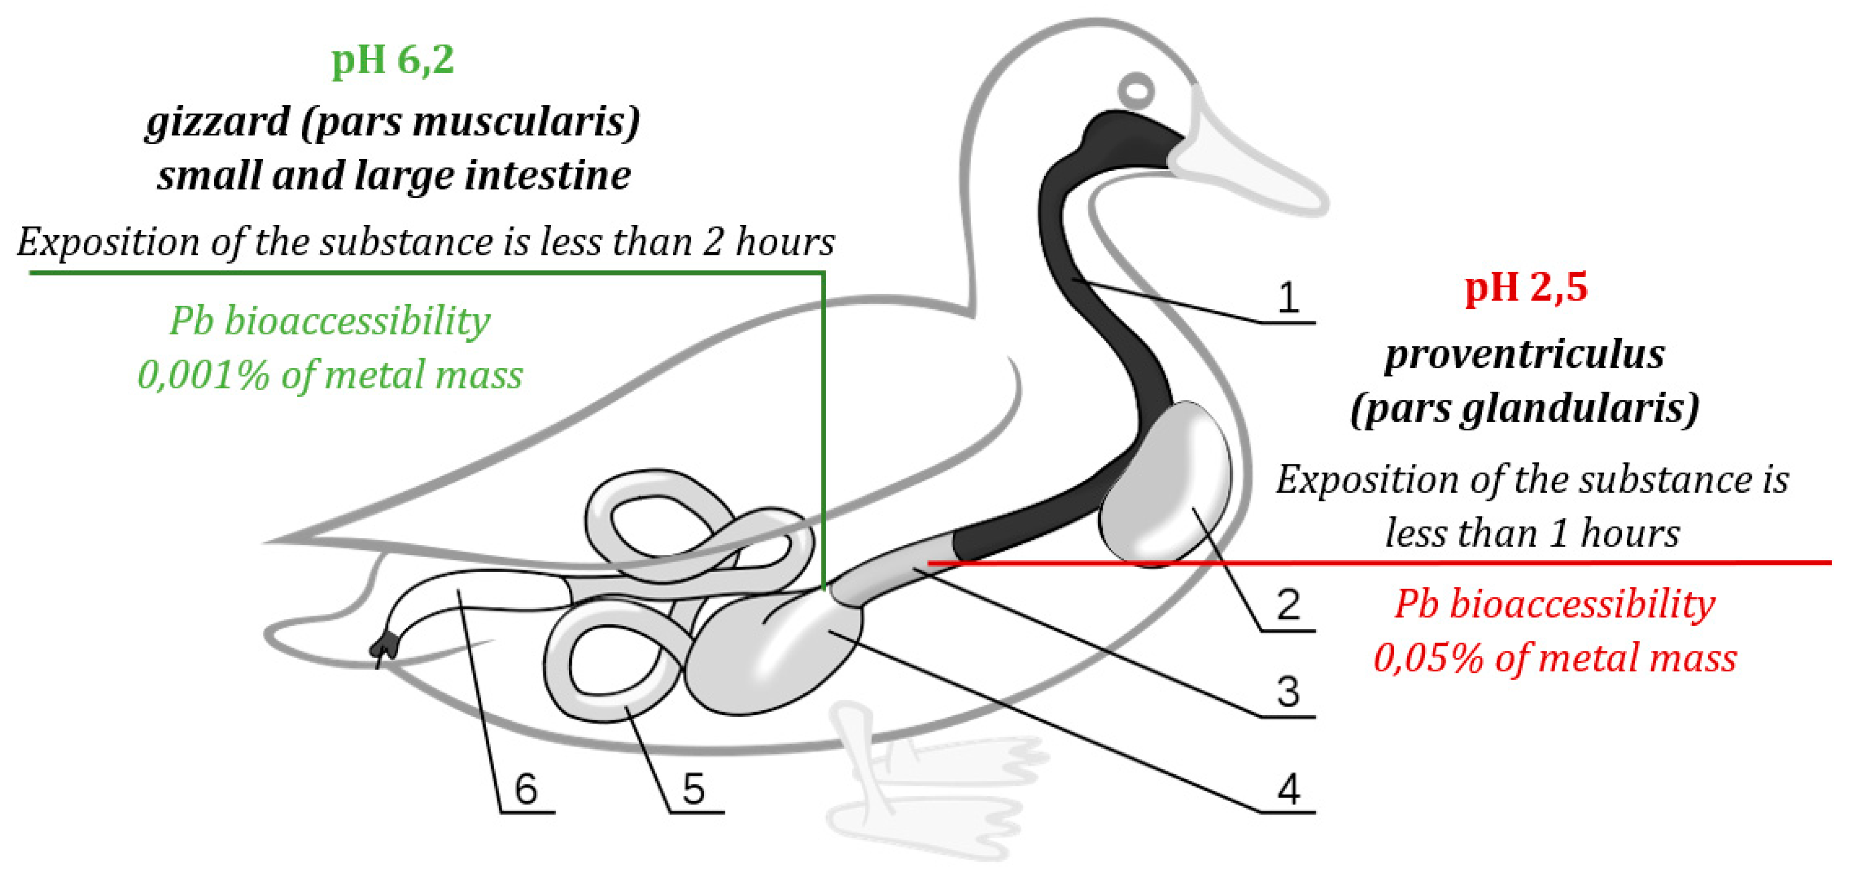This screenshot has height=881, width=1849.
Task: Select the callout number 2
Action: pyautogui.click(x=1288, y=605)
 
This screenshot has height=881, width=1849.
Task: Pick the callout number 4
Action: pyautogui.click(x=1288, y=790)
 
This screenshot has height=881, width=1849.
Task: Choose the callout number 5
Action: pyautogui.click(x=692, y=790)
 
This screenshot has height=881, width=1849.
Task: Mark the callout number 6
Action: pyautogui.click(x=525, y=790)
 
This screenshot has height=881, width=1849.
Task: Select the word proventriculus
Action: pyautogui.click(x=1525, y=355)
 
